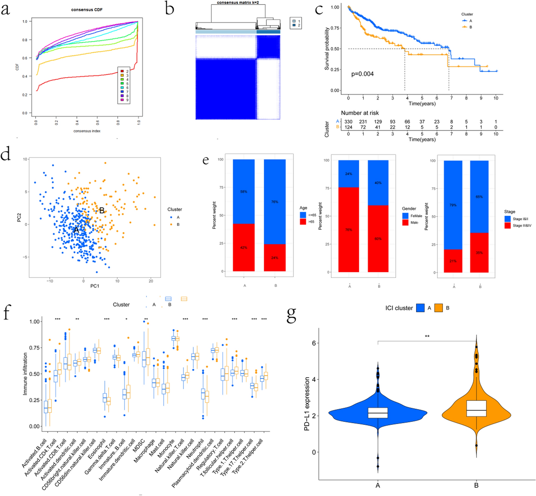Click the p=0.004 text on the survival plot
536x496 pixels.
362,74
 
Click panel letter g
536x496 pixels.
291,314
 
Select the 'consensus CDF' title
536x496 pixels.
87,9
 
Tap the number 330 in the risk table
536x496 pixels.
348,122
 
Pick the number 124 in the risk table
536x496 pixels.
348,127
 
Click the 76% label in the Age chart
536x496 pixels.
275,202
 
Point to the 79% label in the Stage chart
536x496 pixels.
453,205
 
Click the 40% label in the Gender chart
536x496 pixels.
378,183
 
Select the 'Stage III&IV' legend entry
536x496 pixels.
522,226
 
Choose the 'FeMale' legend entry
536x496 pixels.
416,216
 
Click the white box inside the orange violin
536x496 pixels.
476,409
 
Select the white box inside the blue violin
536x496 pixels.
378,413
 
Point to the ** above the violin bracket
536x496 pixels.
427,336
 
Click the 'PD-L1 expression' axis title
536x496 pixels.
307,404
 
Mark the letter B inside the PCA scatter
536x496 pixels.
101,211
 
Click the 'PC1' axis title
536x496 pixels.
95,286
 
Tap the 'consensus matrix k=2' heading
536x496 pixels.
238,3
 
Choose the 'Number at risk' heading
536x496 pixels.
360,113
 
